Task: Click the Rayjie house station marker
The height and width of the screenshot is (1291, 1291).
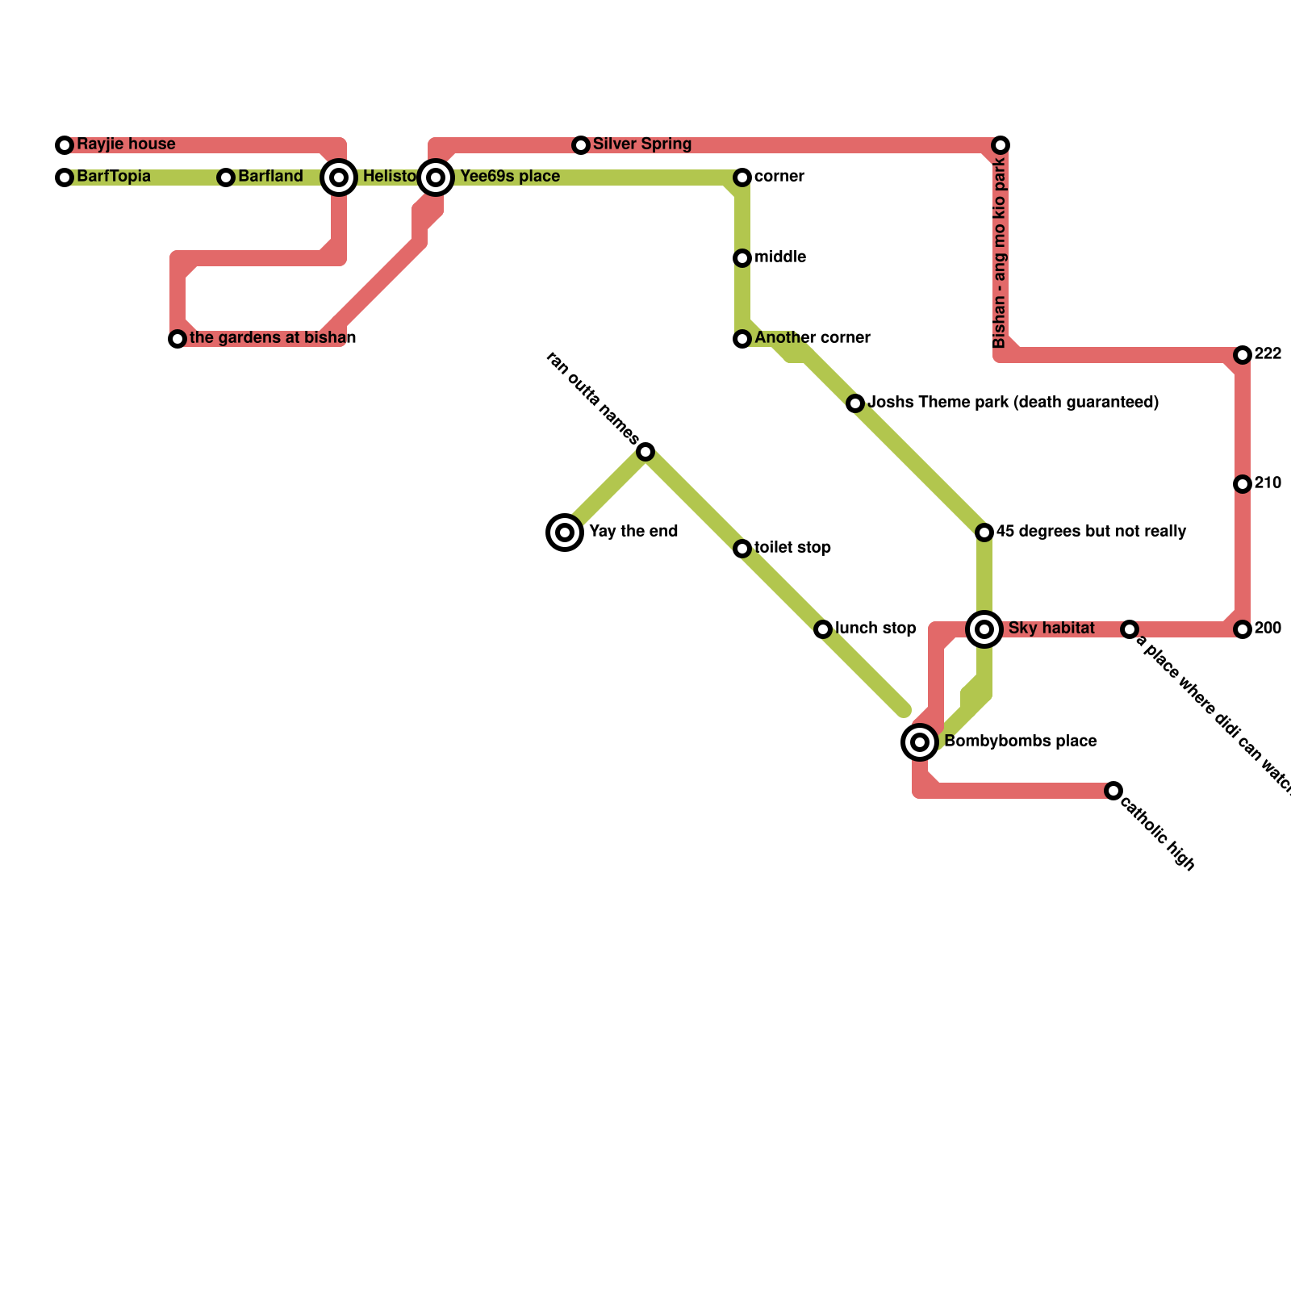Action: pos(65,145)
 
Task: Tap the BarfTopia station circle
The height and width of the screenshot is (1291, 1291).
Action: pos(65,178)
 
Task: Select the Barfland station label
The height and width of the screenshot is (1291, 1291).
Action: pos(270,177)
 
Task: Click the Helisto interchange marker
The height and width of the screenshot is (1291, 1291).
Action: pos(340,178)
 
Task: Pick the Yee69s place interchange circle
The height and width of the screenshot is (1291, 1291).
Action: pos(436,178)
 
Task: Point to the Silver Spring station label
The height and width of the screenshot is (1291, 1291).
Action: pos(641,144)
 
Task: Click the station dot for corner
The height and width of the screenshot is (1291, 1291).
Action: pos(742,178)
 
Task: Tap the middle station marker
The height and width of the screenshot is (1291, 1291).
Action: pos(742,258)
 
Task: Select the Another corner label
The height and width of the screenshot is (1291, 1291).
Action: pos(812,338)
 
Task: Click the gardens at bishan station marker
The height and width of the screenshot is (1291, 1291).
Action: pos(178,339)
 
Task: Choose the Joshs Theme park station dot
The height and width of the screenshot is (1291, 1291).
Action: pos(855,403)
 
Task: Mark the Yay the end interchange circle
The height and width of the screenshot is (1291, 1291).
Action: pos(565,533)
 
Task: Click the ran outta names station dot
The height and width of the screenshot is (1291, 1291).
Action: pos(645,452)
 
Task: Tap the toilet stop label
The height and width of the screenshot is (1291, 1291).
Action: pos(792,548)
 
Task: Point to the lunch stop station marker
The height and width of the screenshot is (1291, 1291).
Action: pos(823,629)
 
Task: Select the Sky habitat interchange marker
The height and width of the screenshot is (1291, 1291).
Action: pos(984,629)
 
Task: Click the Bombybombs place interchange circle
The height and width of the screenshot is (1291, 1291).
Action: pos(920,742)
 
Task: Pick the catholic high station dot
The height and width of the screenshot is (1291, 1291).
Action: pos(1113,791)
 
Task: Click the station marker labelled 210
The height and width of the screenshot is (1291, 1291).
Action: pos(1243,484)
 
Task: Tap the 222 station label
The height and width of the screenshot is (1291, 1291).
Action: pos(1268,354)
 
